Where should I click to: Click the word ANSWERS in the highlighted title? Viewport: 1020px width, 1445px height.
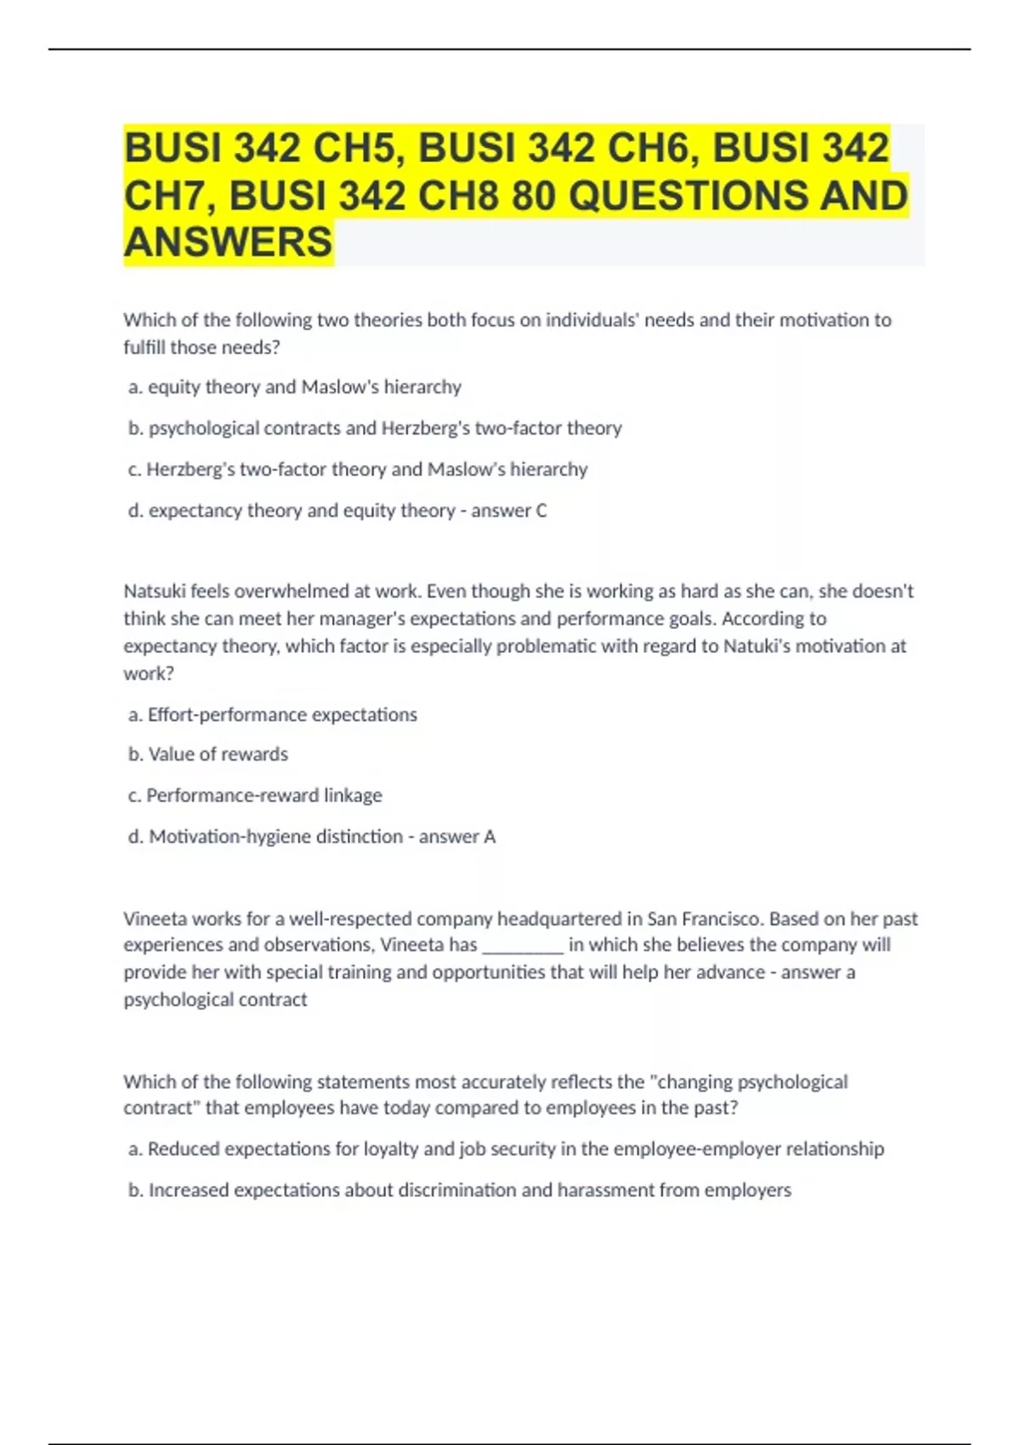[x=228, y=241]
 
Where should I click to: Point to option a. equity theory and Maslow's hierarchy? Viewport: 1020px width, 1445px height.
[x=294, y=387]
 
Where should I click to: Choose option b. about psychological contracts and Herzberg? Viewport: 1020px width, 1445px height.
[x=375, y=428]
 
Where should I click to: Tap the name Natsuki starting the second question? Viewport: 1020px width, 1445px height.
[x=154, y=591]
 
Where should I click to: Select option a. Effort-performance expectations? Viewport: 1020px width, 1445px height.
[x=273, y=714]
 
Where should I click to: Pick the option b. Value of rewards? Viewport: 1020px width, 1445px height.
[x=208, y=754]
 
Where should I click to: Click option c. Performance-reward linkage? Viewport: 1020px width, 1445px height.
[x=255, y=795]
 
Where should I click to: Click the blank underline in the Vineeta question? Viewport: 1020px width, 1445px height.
[x=522, y=945]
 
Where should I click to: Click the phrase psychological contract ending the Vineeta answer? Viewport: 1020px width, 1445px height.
[x=215, y=1000]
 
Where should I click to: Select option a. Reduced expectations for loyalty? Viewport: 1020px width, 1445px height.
[x=506, y=1148]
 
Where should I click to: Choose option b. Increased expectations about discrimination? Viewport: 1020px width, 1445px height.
[x=459, y=1190]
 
